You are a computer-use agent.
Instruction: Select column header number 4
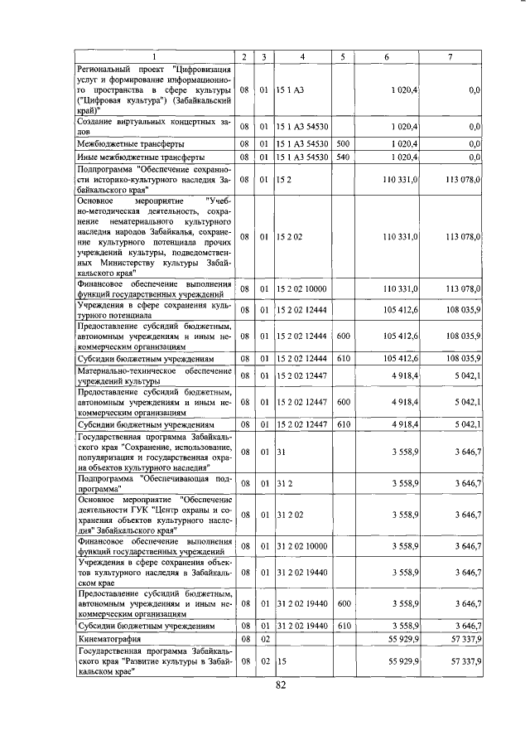coord(302,56)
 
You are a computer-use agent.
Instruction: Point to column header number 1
coord(154,56)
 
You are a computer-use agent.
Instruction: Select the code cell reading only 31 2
coord(286,483)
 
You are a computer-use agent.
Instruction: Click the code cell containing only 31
coord(282,452)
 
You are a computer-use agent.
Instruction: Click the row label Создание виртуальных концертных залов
coord(154,126)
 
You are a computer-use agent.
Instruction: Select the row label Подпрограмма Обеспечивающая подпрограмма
coord(154,483)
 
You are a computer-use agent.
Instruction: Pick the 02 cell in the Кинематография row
coord(263,640)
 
